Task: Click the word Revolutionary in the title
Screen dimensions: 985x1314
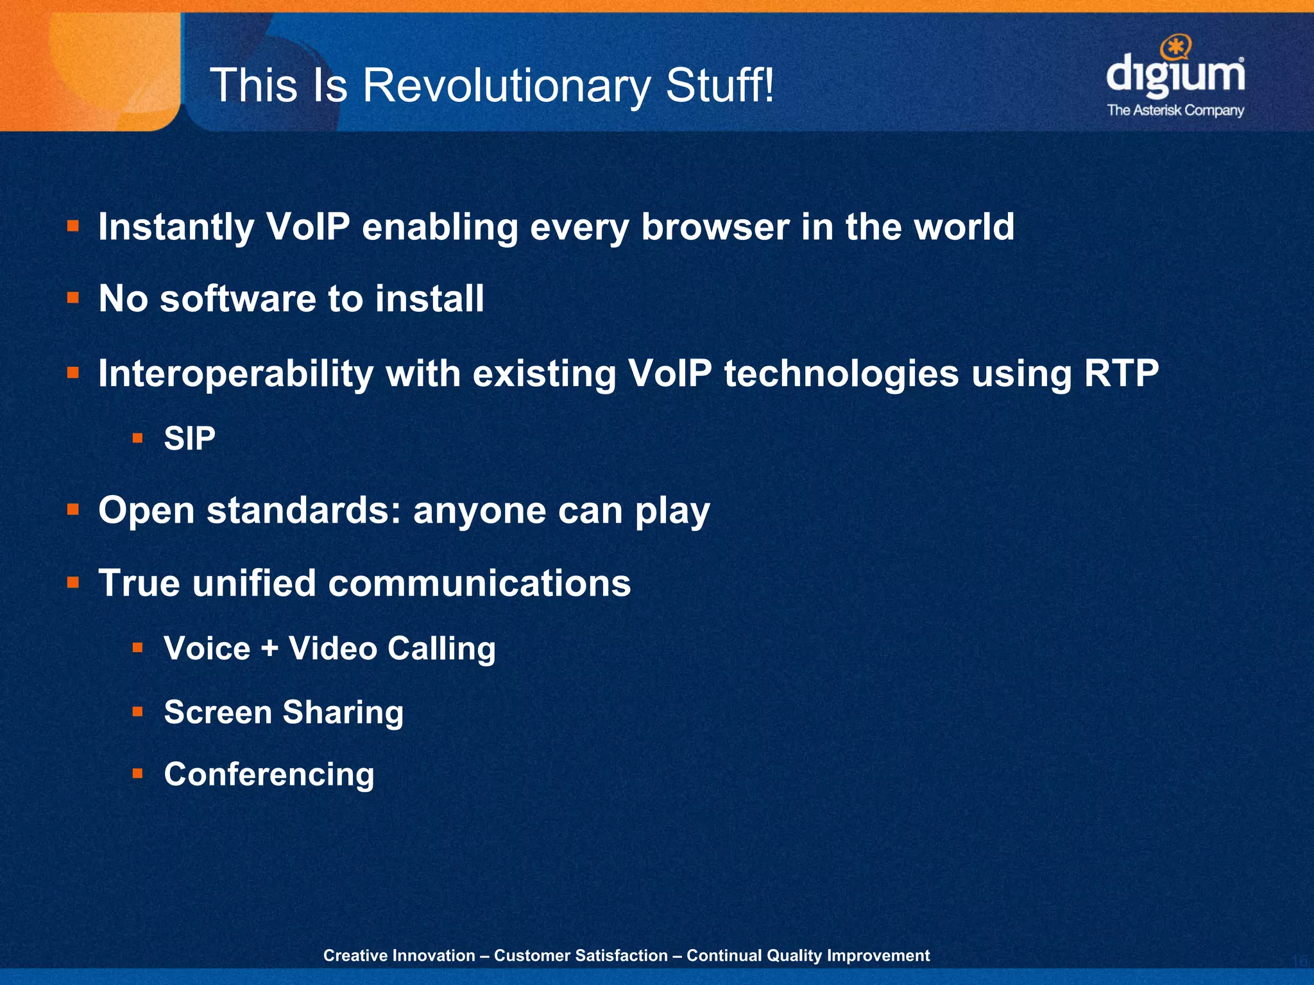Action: click(x=507, y=86)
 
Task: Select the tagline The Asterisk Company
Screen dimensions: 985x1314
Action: click(x=1175, y=110)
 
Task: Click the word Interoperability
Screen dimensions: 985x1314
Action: click(x=235, y=374)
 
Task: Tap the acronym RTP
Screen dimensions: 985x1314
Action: click(x=1121, y=373)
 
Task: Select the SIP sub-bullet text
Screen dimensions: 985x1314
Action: click(x=189, y=439)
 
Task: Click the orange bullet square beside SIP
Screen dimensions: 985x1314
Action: click(x=137, y=439)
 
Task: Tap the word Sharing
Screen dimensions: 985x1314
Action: click(x=343, y=712)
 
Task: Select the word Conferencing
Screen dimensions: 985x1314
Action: click(x=269, y=775)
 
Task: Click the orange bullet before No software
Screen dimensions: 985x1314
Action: click(x=73, y=298)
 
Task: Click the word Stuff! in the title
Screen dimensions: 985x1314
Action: click(x=720, y=86)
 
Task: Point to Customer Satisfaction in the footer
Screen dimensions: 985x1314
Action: click(x=581, y=956)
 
